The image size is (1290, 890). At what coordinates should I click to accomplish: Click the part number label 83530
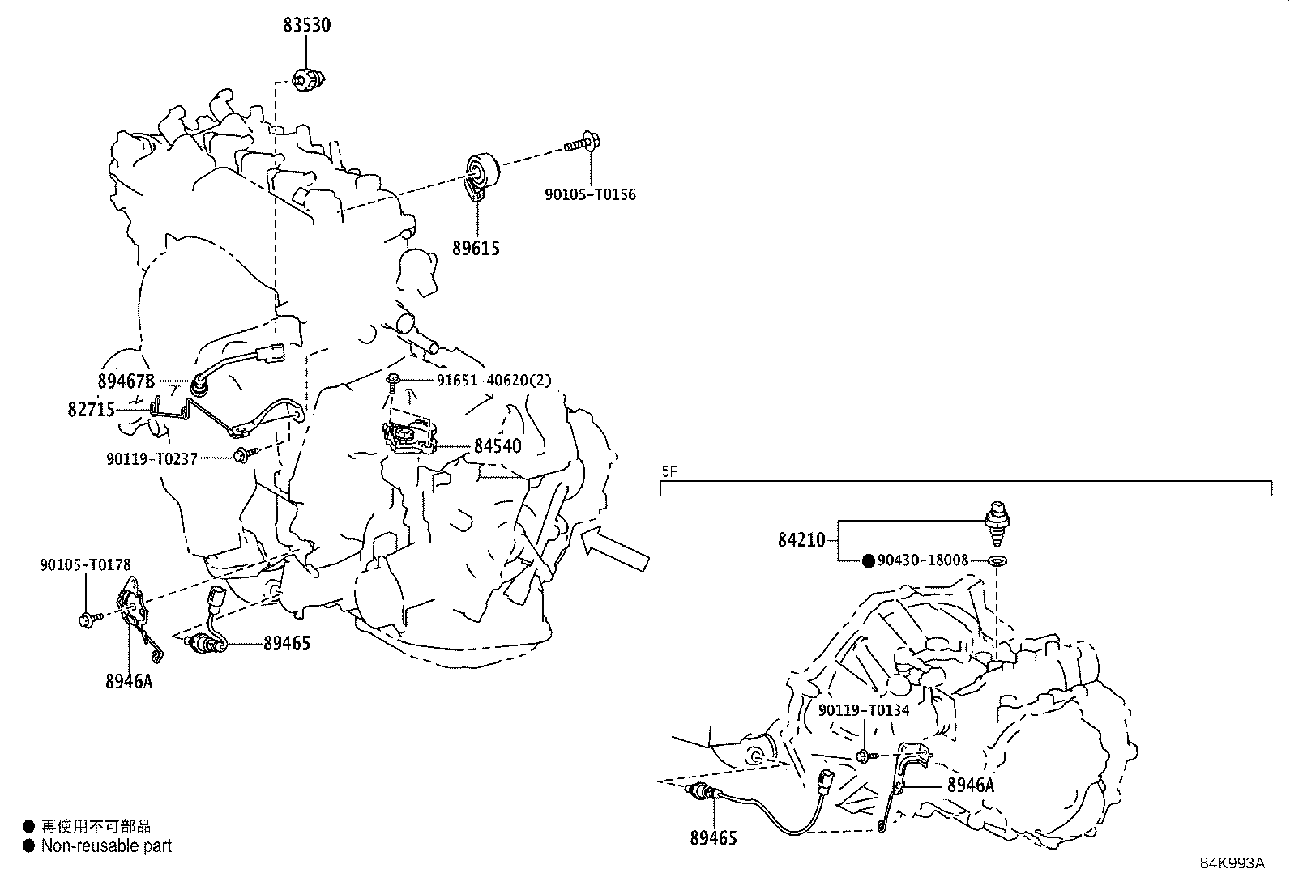[x=306, y=25]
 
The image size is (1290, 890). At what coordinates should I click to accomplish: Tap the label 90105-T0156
[x=590, y=194]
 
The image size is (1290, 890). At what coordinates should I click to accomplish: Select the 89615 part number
[x=476, y=249]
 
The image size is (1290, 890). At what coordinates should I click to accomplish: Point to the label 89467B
[x=126, y=381]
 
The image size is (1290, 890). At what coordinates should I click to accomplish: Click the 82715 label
[x=91, y=410]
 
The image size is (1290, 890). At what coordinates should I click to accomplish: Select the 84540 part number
[x=498, y=446]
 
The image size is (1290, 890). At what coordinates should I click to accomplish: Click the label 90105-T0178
[x=85, y=564]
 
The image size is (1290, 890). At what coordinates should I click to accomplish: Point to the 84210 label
[x=801, y=540]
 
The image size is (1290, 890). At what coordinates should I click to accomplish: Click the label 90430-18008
[x=923, y=560]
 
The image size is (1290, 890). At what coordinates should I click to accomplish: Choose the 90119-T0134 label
[x=864, y=710]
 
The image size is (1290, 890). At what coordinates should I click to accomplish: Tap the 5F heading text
[x=669, y=471]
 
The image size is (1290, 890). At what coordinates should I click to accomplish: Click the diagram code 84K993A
[x=1232, y=863]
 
